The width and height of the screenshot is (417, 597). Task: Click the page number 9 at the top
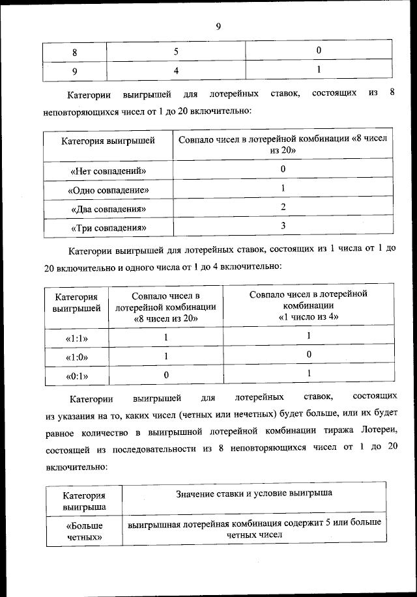pyautogui.click(x=218, y=27)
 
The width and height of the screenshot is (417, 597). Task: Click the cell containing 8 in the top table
pyautogui.click(x=74, y=51)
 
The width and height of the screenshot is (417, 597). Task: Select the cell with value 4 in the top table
pyautogui.click(x=176, y=70)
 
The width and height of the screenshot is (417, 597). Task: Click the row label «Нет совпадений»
pyautogui.click(x=108, y=171)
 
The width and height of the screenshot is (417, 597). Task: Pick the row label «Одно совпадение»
pyautogui.click(x=108, y=190)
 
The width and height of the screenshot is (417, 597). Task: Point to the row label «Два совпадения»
pyautogui.click(x=108, y=209)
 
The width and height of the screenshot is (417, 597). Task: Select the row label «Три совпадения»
pyautogui.click(x=108, y=228)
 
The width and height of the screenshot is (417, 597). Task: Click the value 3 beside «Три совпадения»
pyautogui.click(x=283, y=226)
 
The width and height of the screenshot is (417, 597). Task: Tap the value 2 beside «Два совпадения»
pyautogui.click(x=283, y=207)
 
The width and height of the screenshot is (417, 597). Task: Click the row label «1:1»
pyautogui.click(x=77, y=339)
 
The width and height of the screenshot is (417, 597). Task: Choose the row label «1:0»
pyautogui.click(x=77, y=357)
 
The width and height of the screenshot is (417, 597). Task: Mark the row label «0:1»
pyautogui.click(x=77, y=376)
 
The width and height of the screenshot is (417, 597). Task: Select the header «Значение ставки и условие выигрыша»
pyautogui.click(x=254, y=493)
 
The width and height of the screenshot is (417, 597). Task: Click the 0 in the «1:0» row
pyautogui.click(x=308, y=354)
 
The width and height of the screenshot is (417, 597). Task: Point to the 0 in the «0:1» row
pyautogui.click(x=166, y=375)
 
